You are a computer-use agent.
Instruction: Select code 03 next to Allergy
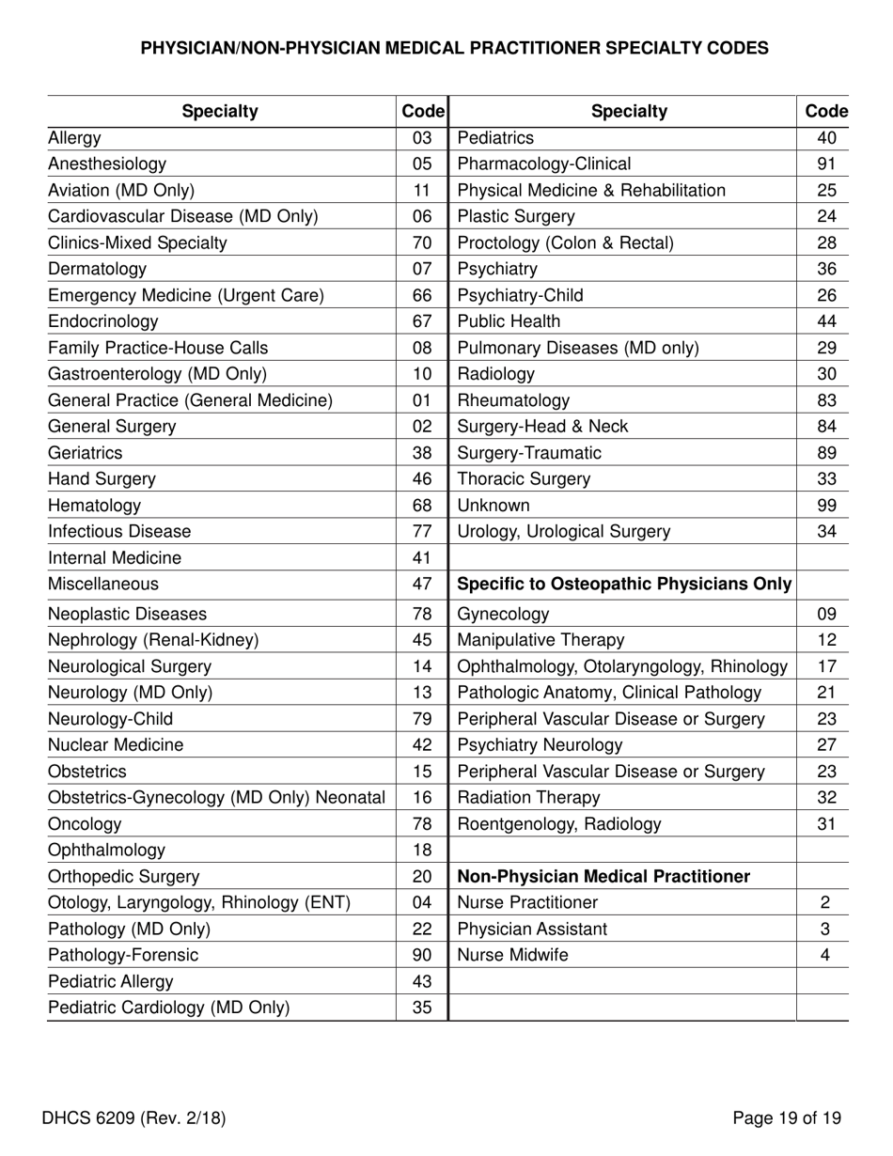[422, 138]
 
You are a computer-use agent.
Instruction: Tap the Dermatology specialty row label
[97, 270]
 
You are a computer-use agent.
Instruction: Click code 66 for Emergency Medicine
[422, 296]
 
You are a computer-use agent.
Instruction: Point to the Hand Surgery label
[102, 479]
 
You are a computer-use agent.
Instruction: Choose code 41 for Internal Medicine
[422, 558]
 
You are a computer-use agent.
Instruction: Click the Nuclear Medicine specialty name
[116, 745]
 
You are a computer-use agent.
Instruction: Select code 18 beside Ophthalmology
[422, 851]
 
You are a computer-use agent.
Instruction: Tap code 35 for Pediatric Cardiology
[422, 1008]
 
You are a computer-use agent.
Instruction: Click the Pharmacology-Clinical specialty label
[544, 164]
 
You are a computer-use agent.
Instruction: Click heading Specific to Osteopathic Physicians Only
[624, 585]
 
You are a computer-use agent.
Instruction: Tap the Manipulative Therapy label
[540, 641]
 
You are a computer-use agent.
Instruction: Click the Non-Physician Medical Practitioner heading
[603, 877]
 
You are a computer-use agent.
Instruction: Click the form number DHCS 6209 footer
[133, 1118]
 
